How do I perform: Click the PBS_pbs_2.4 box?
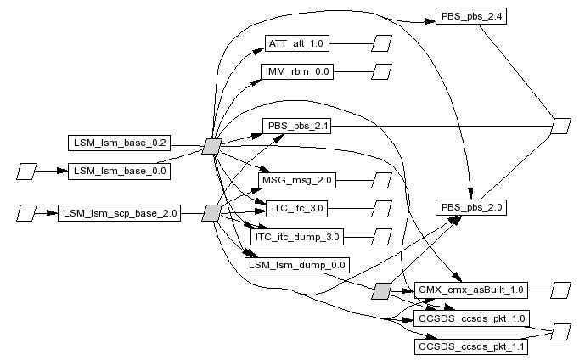(471, 16)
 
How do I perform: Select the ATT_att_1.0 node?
(297, 43)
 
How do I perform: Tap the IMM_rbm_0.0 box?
(297, 71)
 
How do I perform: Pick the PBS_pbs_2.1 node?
(296, 127)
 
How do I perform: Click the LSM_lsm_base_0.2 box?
(119, 143)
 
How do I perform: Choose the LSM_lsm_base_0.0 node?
(119, 172)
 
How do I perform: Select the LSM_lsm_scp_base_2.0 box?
(119, 213)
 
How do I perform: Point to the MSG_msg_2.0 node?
(297, 181)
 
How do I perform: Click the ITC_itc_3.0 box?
(297, 209)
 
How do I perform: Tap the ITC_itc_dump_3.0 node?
(297, 237)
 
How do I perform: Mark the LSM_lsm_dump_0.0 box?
(297, 265)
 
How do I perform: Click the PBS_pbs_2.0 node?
(471, 207)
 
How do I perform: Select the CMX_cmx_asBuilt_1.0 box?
(471, 290)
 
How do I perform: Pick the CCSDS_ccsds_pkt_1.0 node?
(471, 318)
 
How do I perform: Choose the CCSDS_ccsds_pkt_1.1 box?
(471, 346)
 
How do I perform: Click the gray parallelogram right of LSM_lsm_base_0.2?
(212, 146)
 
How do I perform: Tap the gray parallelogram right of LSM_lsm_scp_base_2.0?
(212, 213)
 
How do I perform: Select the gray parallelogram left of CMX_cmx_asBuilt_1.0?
(382, 291)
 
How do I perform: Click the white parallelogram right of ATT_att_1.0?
(382, 43)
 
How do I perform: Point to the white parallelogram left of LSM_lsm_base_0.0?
(27, 172)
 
